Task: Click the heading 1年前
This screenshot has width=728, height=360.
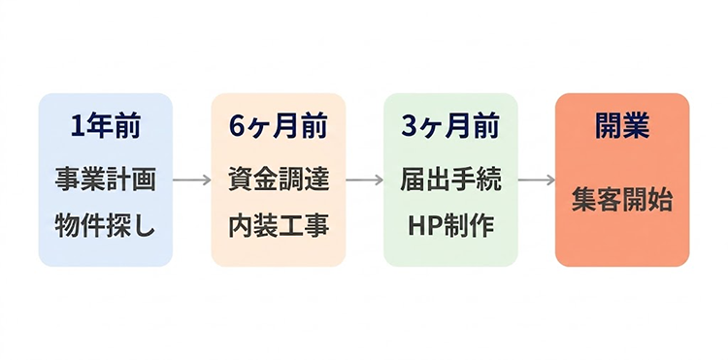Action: (106, 126)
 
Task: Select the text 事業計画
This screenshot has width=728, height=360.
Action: (106, 180)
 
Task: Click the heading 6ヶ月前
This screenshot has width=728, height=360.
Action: (279, 126)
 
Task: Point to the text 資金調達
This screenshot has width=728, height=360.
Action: (279, 180)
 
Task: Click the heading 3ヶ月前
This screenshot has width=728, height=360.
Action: (450, 126)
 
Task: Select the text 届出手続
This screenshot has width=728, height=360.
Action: (450, 180)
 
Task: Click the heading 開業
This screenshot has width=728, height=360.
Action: (622, 126)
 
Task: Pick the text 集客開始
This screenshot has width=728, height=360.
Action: (622, 202)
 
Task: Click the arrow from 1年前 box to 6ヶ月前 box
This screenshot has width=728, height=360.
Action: (192, 180)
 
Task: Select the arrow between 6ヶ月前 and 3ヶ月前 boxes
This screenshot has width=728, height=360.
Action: (364, 180)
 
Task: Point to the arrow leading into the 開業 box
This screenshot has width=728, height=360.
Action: (536, 180)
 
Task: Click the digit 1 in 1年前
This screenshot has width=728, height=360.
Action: (78, 126)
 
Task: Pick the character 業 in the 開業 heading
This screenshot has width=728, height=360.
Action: (637, 126)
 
